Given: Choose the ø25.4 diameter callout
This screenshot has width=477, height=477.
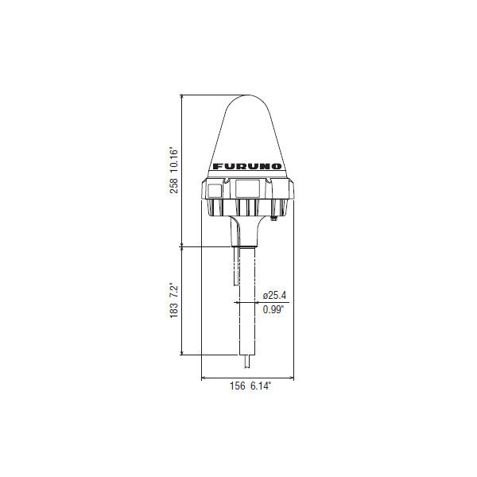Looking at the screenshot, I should [x=275, y=296].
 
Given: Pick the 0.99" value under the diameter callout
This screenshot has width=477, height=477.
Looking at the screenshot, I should [x=274, y=310].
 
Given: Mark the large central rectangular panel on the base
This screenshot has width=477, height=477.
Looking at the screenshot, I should [x=246, y=189].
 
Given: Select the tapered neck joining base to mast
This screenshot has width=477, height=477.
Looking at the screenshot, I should [x=246, y=231].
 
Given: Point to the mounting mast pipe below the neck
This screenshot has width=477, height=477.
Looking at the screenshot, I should [x=246, y=302].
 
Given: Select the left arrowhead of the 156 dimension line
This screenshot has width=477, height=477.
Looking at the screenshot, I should [x=204, y=376].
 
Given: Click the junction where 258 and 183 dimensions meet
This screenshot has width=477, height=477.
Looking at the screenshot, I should [x=183, y=246].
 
